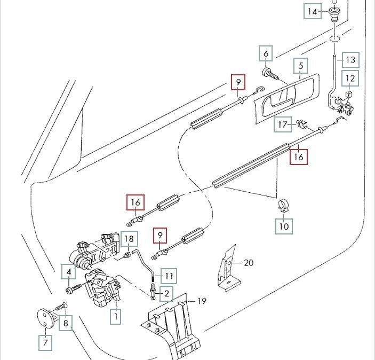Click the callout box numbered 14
(313, 11)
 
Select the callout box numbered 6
(266, 53)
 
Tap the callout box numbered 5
(301, 65)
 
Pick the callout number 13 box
(350, 60)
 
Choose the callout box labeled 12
(350, 78)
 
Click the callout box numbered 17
(283, 124)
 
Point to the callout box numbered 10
(284, 226)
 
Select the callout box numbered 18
(129, 239)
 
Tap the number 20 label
(249, 263)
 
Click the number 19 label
(202, 301)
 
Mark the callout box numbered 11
(169, 276)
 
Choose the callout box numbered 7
(45, 342)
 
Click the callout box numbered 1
(116, 316)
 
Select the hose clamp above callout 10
(283, 206)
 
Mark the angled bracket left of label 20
(227, 268)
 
